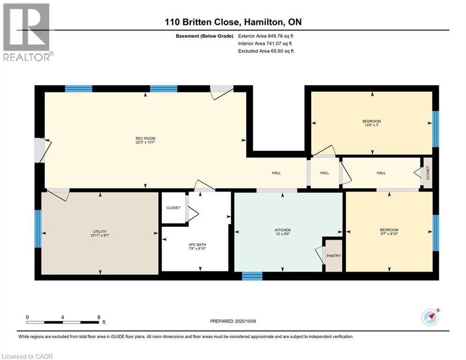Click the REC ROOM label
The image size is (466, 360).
click(145, 138)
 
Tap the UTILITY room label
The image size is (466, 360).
click(100, 232)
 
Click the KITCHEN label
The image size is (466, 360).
click(283, 230)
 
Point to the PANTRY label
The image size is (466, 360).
click(334, 255)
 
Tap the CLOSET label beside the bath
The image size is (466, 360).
click(173, 208)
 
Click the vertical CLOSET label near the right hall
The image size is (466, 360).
click(428, 173)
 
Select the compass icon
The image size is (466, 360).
click(430, 317)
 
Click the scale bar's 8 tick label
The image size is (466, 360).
click(98, 317)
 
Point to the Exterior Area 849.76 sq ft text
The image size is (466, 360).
click(266, 36)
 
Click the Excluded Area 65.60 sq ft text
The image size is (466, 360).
click(266, 51)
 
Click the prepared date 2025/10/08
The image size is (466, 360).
click(233, 321)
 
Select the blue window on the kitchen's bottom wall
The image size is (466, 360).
click(252, 276)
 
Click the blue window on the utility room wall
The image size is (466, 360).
click(38, 228)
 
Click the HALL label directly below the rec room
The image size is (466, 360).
click(276, 173)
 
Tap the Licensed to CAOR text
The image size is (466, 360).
click(28, 356)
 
